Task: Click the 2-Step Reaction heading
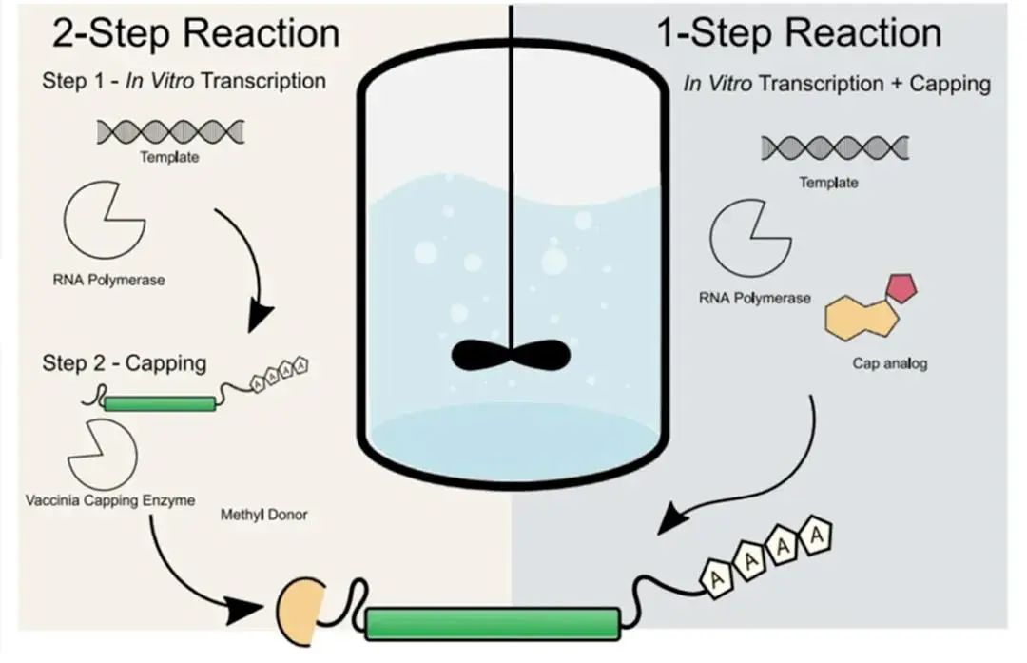[196, 33]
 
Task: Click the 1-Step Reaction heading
[800, 33]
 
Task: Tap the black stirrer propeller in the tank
[510, 355]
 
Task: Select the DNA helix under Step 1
[170, 131]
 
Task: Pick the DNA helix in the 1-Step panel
[835, 147]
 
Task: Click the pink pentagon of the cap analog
[900, 286]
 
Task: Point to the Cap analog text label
[889, 363]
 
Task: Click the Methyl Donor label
[264, 515]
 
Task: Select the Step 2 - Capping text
[125, 363]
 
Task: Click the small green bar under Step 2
[160, 403]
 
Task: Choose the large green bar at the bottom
[492, 623]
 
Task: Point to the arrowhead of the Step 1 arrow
[259, 319]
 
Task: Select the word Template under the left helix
[170, 157]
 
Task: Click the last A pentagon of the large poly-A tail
[814, 536]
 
